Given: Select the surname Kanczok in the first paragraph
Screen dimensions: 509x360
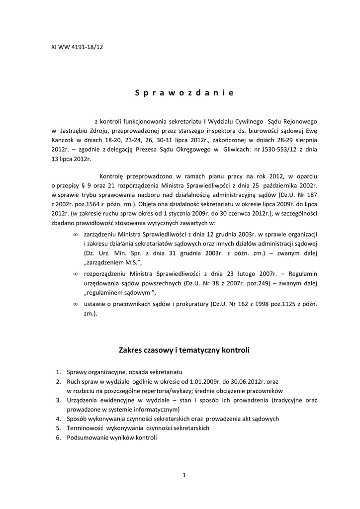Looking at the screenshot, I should tap(64, 140).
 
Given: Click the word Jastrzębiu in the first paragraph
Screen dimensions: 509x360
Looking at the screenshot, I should tap(77, 130).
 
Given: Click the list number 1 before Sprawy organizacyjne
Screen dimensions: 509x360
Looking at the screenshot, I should tap(58, 372).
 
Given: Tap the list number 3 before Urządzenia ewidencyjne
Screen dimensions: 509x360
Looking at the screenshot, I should tap(58, 400).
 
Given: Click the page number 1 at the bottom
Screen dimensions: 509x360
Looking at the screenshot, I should tap(184, 475).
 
